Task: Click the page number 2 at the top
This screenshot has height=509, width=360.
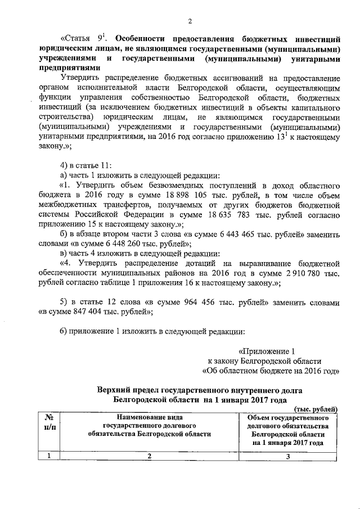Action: coord(190,21)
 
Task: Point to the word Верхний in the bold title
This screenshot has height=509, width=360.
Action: coord(112,389)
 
